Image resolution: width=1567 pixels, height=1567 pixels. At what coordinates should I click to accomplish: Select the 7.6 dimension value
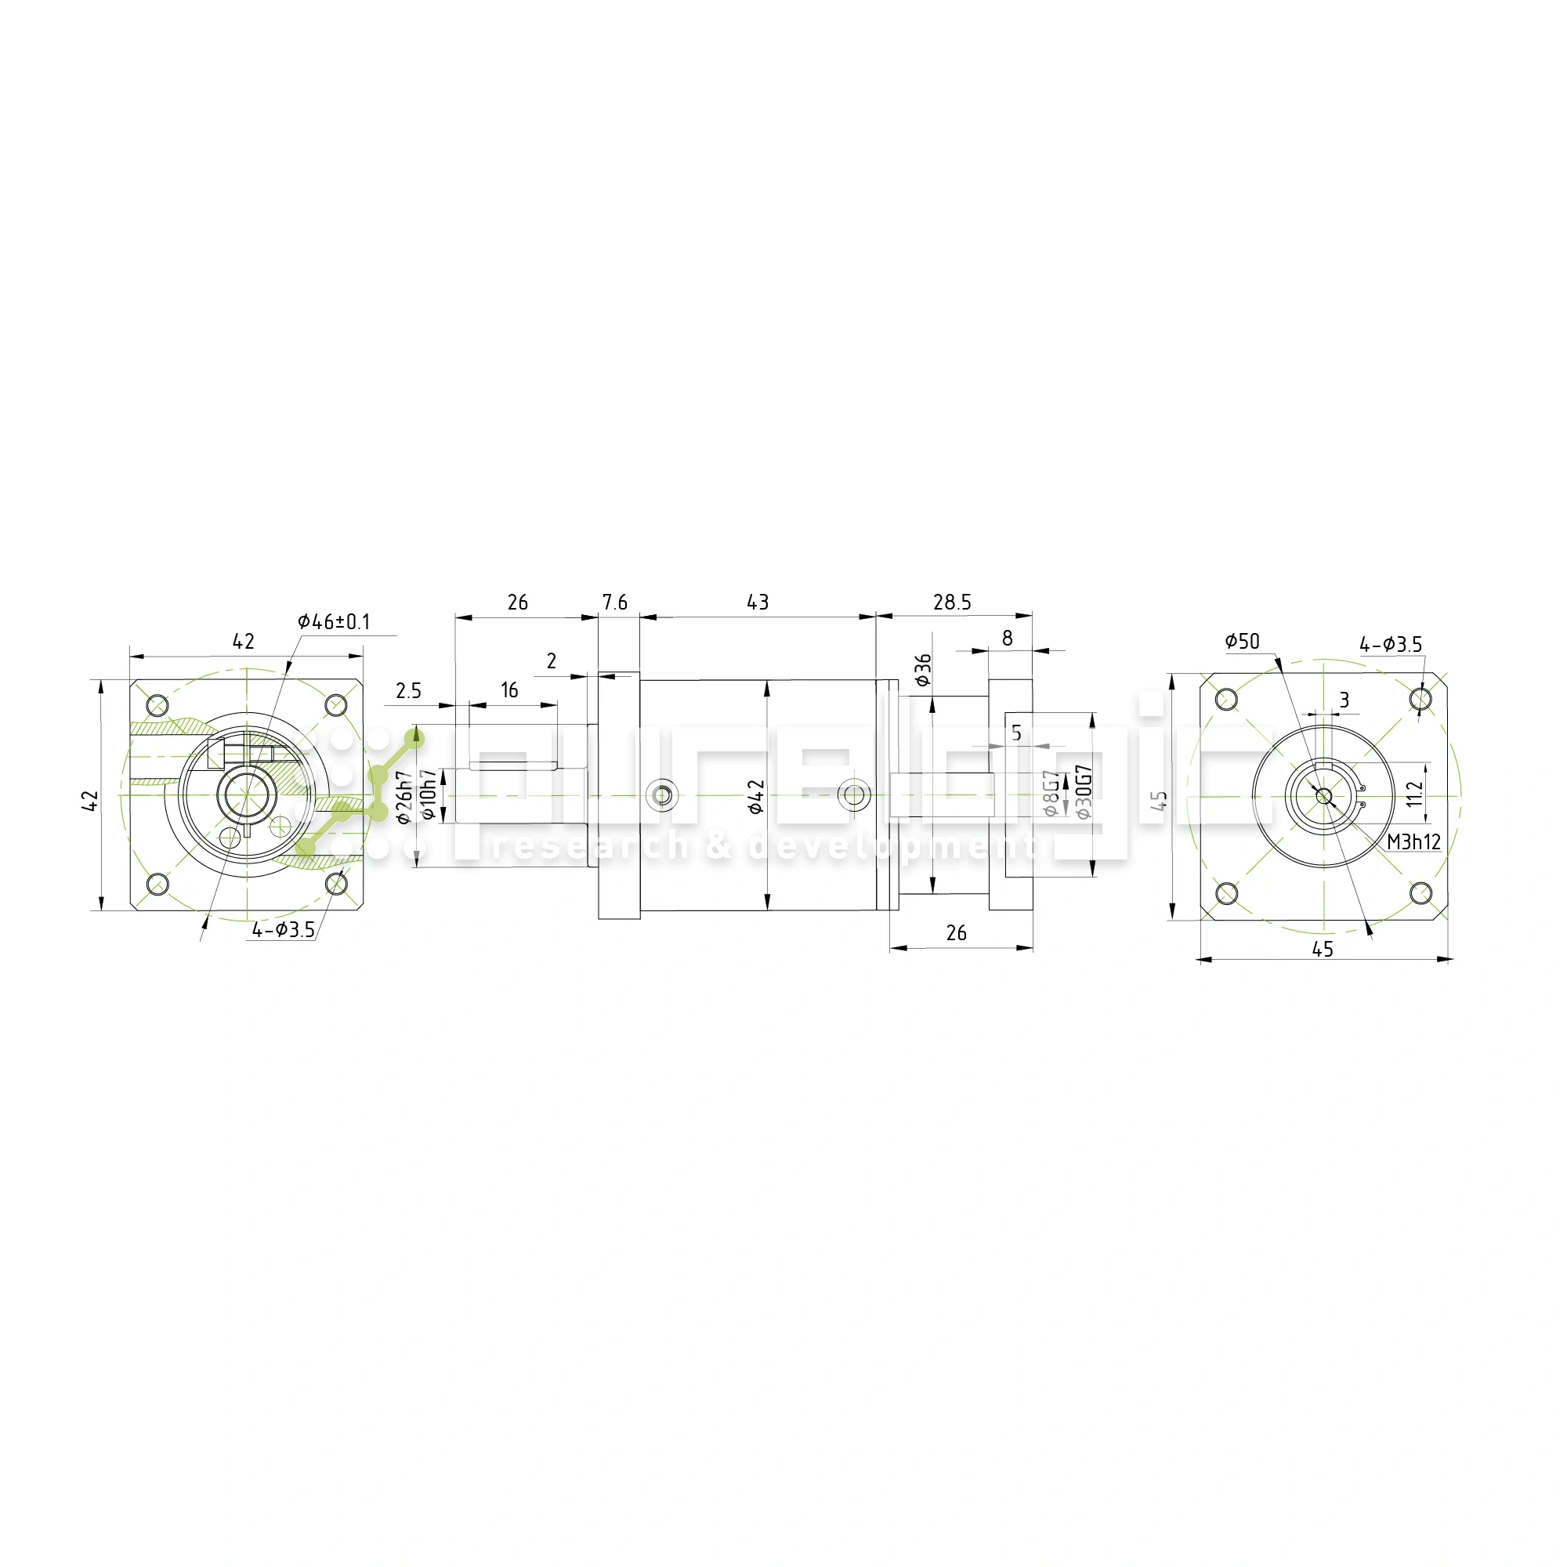tap(615, 602)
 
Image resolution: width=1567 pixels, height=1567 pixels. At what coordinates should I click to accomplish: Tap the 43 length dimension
tap(758, 602)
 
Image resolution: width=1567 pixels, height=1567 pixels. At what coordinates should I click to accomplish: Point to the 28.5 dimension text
tap(952, 602)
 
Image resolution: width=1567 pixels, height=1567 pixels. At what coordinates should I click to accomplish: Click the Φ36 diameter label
tap(923, 670)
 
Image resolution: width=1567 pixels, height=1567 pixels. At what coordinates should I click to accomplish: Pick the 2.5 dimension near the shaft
tap(409, 690)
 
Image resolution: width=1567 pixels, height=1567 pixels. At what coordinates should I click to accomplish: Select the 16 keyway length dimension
tap(509, 690)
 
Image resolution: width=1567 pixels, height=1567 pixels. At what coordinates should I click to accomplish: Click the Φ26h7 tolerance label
tap(404, 798)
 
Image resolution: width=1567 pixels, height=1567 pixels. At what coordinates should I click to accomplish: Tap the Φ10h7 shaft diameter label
tap(429, 794)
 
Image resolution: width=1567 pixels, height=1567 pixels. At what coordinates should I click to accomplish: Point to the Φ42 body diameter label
tap(756, 797)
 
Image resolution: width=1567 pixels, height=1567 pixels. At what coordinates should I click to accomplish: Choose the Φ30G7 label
tap(1084, 791)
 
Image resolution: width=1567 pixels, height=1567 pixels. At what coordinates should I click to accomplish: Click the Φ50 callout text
tap(1242, 642)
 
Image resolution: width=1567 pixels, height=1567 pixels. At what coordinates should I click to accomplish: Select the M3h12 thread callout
tap(1413, 842)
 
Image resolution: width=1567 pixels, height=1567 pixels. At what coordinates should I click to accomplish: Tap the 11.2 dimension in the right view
tap(1414, 793)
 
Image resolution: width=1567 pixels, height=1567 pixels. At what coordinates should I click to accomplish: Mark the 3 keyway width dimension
tap(1344, 700)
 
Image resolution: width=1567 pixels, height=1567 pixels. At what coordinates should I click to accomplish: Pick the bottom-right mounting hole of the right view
tap(1420, 893)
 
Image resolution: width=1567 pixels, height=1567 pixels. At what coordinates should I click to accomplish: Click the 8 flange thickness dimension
tap(1008, 638)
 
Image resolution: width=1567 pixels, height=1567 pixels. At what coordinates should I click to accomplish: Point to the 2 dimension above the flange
tap(552, 661)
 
